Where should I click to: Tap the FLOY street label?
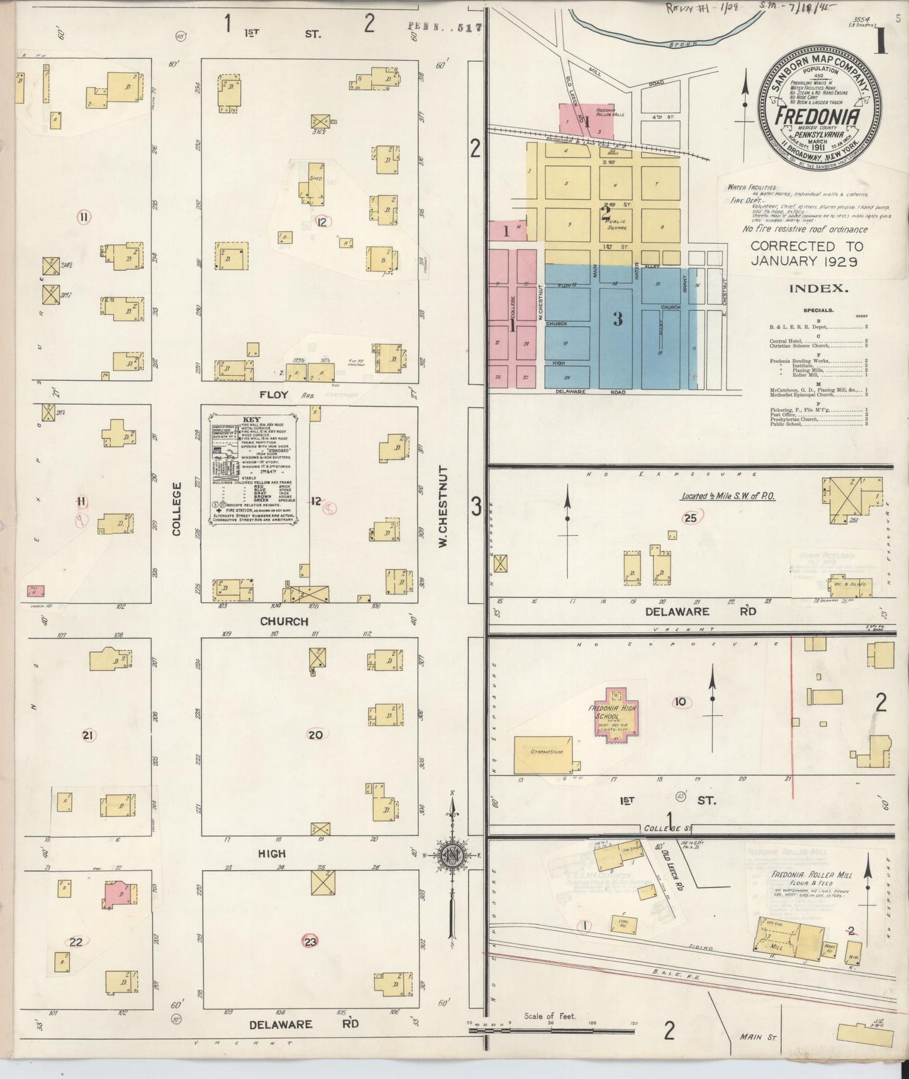pyautogui.click(x=272, y=395)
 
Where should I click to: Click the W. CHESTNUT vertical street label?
pyautogui.click(x=443, y=506)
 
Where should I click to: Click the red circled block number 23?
pyautogui.click(x=311, y=942)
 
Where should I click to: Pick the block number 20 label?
pyautogui.click(x=315, y=734)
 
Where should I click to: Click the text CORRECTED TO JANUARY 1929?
pyautogui.click(x=806, y=253)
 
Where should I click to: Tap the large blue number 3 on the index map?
pyautogui.click(x=618, y=319)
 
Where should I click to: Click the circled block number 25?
pyautogui.click(x=690, y=518)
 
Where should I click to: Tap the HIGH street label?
pyautogui.click(x=272, y=854)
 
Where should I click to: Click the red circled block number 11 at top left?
pyautogui.click(x=84, y=218)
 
